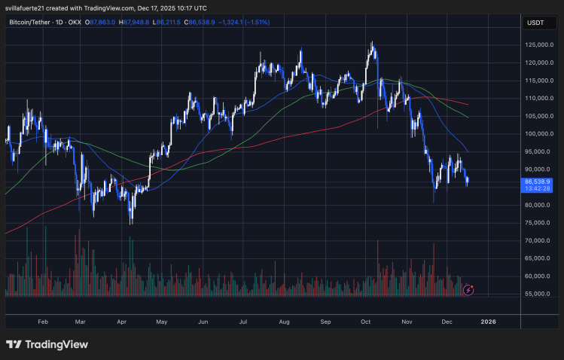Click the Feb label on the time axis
[42, 321]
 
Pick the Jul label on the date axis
[242, 321]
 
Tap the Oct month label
[366, 321]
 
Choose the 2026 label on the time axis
[488, 321]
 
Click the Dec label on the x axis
[447, 321]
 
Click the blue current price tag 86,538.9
[539, 182]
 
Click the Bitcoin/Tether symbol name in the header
[34, 23]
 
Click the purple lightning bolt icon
[469, 289]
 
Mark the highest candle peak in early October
[372, 43]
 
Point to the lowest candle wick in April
[131, 224]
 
